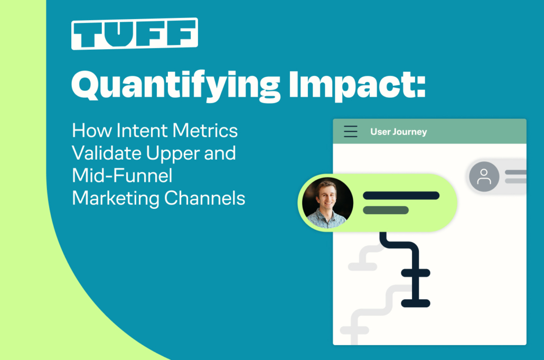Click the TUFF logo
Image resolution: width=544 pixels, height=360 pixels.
[x=135, y=34]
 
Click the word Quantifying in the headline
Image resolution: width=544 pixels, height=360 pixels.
[x=175, y=86]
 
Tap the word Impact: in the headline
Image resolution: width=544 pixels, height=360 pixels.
[x=357, y=86]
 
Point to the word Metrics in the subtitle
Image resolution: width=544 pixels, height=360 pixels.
[x=205, y=131]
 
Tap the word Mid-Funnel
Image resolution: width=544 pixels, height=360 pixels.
[x=122, y=176]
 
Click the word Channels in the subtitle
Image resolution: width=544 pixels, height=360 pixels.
[x=205, y=198]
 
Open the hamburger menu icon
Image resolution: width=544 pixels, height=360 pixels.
[x=350, y=131]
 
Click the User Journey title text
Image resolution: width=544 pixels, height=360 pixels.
[x=399, y=132]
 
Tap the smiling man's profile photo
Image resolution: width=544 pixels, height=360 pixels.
[x=327, y=203]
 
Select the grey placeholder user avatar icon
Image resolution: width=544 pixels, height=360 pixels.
[x=484, y=177]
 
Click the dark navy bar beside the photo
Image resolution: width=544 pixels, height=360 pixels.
[x=401, y=196]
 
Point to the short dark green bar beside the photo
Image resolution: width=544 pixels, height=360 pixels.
[x=386, y=210]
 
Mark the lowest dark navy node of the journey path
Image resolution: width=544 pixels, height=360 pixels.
[x=416, y=303]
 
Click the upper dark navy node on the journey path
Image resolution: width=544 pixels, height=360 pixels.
[x=416, y=273]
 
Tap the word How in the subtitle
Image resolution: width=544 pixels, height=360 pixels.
[x=92, y=131]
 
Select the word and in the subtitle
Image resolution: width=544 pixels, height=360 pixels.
[x=220, y=153]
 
